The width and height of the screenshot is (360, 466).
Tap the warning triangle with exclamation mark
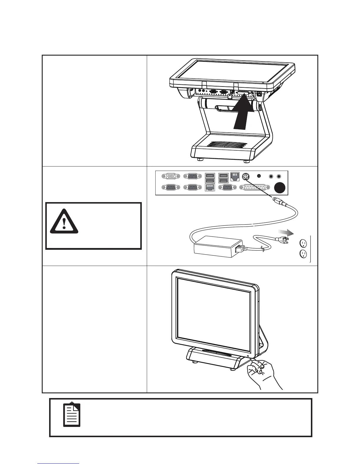coord(64,222)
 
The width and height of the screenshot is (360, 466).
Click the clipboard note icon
coord(72,415)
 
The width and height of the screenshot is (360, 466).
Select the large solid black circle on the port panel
coord(280,188)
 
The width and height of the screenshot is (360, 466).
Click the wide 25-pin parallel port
coord(255,187)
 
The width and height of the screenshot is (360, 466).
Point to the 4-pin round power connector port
coord(246,177)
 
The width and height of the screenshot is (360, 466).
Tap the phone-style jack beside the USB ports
coord(235,176)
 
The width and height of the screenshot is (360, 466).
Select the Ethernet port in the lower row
coord(210,187)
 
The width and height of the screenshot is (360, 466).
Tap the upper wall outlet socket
coord(303,243)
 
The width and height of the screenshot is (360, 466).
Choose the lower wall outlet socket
coord(303,253)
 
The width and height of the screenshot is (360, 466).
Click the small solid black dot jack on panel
coord(259,176)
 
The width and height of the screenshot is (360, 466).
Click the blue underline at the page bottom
coord(58,464)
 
